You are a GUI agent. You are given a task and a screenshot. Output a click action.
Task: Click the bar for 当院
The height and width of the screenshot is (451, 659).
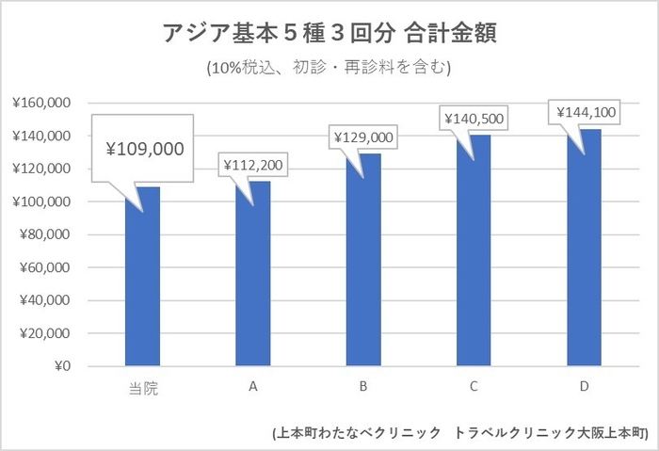tap(142, 277)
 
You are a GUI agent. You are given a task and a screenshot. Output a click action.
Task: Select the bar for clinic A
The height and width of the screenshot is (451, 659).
tap(252, 274)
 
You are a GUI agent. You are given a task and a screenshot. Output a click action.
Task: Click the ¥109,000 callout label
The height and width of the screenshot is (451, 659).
tap(144, 149)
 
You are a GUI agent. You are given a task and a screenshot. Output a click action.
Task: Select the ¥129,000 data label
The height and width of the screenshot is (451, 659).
tap(364, 137)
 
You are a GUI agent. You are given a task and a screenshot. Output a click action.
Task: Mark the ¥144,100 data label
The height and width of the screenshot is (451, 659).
tap(584, 113)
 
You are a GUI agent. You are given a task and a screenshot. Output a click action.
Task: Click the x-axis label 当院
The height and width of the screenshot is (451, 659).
tap(142, 388)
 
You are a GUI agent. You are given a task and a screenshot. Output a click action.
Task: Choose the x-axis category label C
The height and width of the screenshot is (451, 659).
tap(474, 386)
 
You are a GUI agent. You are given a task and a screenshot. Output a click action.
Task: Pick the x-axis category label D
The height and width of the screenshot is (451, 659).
tap(584, 386)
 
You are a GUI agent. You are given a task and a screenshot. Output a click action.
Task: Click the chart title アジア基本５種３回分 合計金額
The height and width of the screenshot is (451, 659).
tap(329, 34)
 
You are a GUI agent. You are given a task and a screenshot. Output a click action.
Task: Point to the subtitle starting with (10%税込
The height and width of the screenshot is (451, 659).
tap(329, 68)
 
